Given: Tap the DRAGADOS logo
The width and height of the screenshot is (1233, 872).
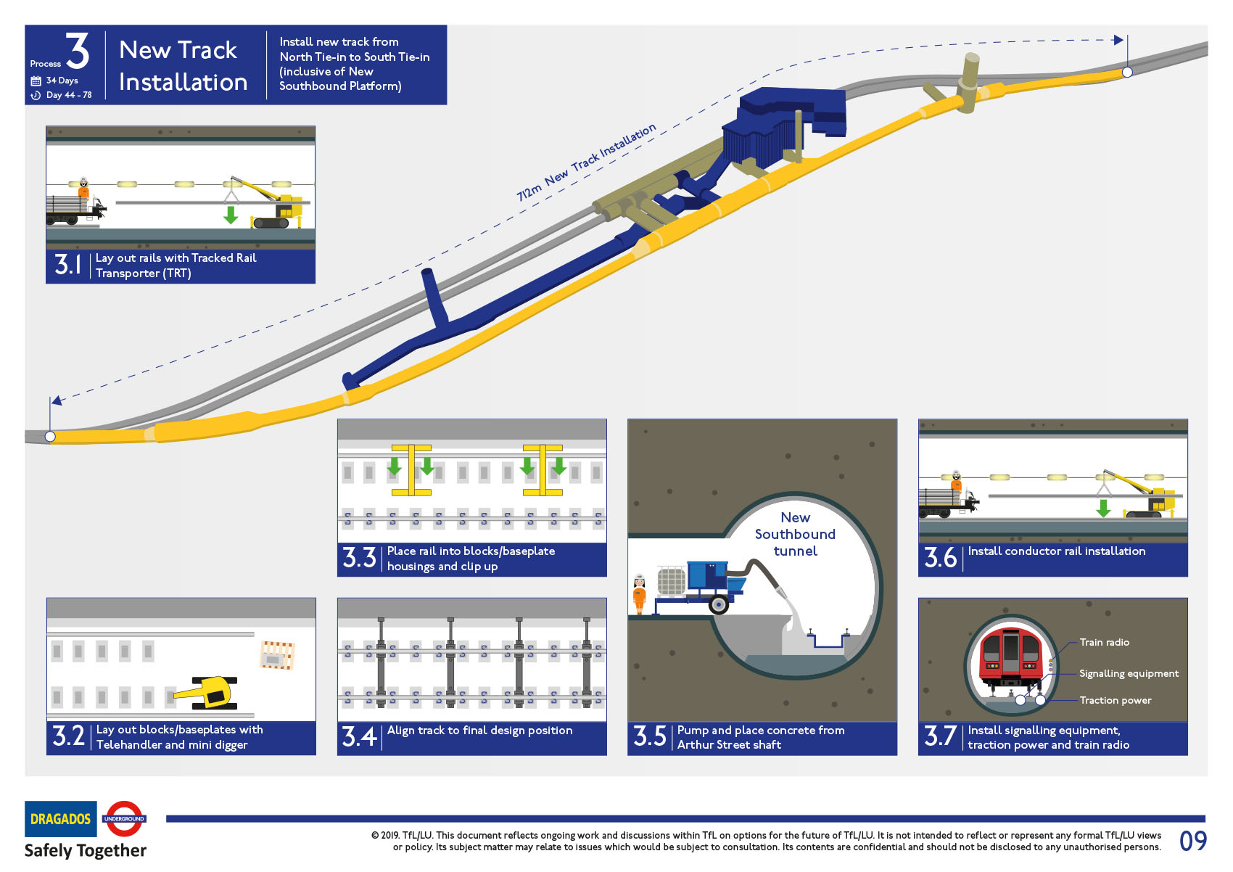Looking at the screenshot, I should [60, 819].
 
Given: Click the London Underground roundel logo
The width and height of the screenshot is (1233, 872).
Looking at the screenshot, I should [124, 818].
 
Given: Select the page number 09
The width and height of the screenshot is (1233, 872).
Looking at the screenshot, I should [1192, 841].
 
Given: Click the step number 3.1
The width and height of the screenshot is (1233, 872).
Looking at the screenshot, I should [68, 264].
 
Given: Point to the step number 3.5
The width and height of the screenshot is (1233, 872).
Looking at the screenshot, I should [649, 736].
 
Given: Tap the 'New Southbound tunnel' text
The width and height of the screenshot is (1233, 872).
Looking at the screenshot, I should [795, 534].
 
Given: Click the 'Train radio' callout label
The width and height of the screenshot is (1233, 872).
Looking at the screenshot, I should [1104, 642].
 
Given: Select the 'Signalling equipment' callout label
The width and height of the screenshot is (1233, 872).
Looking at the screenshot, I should [1129, 673].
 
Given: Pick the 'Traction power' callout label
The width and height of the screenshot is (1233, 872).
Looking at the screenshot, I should [1115, 700].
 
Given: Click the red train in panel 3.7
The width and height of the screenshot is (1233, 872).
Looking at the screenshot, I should [1010, 656].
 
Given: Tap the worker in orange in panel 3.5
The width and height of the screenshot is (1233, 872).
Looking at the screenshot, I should [639, 593].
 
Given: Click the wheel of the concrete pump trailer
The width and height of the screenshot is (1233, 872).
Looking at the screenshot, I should [718, 604].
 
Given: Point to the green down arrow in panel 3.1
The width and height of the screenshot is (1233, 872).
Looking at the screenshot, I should [231, 215].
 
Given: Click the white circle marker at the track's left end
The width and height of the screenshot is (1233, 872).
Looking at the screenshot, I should [50, 436].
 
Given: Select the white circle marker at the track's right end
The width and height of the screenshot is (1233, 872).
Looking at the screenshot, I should [1127, 72].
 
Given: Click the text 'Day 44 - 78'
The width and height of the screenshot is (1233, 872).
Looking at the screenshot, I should [68, 95].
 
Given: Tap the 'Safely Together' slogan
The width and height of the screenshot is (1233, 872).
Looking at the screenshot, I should [86, 850].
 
